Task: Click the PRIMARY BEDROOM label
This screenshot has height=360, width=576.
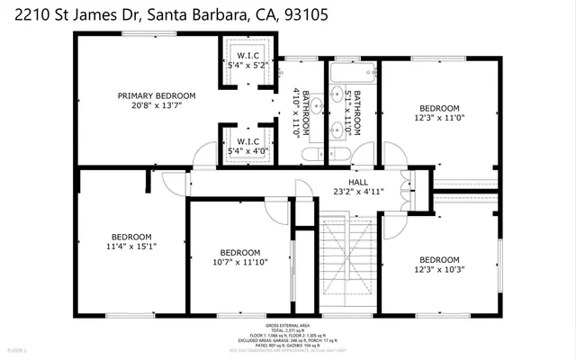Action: tap(157, 95)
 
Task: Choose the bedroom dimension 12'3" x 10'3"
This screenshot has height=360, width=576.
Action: tap(441, 268)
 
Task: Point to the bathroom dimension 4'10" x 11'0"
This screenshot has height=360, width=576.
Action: tap(296, 112)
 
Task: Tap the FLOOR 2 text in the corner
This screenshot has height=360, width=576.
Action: tap(17, 347)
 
